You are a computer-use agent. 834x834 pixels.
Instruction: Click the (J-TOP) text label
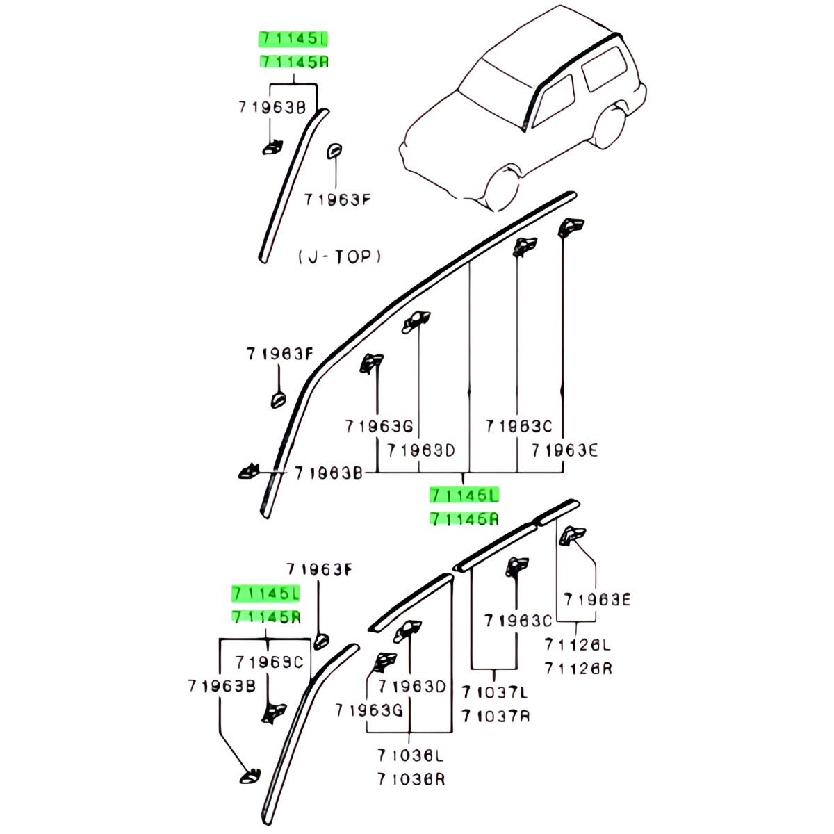(x=340, y=257)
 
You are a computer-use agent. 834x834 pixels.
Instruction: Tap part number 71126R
(x=578, y=669)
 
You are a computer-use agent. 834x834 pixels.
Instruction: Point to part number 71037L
(x=495, y=692)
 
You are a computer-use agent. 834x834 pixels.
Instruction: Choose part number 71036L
(x=411, y=755)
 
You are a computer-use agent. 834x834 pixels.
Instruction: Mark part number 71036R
(x=411, y=779)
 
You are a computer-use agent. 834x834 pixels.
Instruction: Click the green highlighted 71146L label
(x=464, y=495)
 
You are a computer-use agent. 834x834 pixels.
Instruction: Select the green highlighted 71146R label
(x=464, y=518)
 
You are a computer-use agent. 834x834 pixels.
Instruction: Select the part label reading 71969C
(x=269, y=662)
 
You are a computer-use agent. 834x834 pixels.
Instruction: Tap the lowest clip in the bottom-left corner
(x=250, y=776)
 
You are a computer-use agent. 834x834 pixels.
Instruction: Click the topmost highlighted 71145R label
(x=293, y=62)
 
